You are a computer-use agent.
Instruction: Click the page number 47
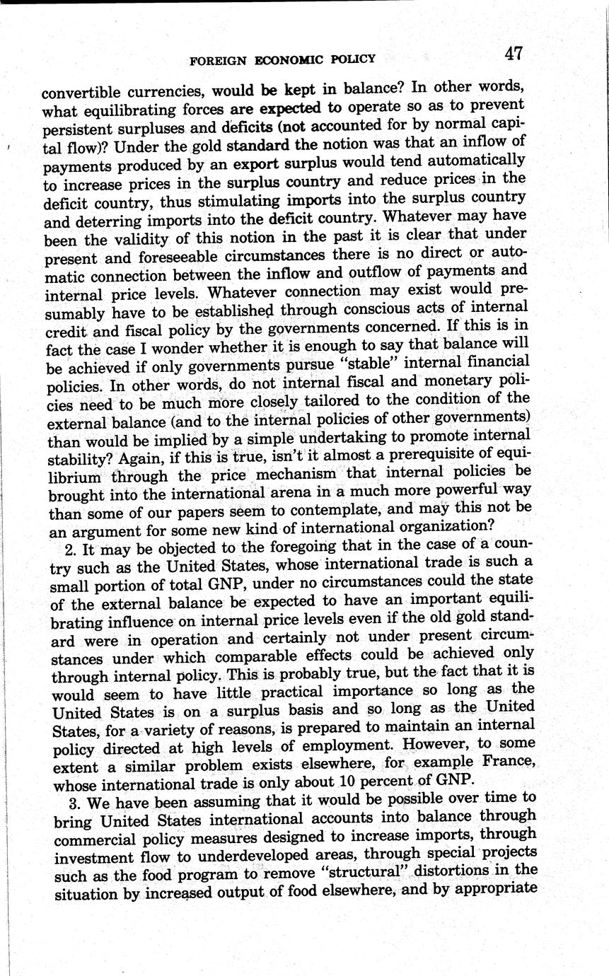pos(514,54)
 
